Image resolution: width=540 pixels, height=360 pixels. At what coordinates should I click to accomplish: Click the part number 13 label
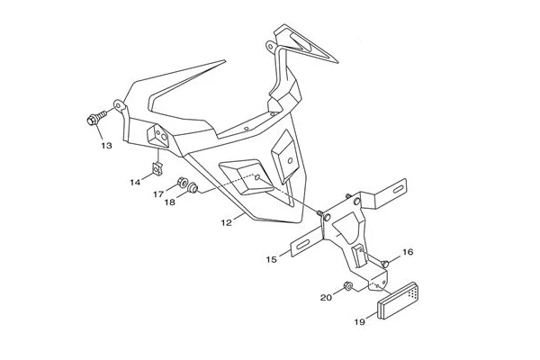107,146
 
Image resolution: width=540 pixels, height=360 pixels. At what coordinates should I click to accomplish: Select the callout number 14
135,182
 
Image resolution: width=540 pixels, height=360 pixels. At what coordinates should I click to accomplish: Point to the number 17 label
158,195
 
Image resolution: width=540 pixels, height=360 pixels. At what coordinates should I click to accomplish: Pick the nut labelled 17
182,182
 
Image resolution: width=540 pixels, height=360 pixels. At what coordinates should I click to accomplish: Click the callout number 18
170,202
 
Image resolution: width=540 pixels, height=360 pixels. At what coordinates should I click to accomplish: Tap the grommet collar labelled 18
193,188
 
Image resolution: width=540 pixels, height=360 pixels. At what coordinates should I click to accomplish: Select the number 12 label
226,223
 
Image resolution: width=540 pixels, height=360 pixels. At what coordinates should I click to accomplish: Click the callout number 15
272,259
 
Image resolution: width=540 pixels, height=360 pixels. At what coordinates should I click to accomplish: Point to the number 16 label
408,252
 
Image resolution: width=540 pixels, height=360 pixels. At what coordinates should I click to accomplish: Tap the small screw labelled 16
385,264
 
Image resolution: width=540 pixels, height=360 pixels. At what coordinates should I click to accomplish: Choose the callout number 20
326,297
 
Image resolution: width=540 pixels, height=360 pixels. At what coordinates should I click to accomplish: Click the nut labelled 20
347,286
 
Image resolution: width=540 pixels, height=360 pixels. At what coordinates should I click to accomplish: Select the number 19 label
359,322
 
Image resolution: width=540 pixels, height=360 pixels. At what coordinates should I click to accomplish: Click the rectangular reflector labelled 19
399,301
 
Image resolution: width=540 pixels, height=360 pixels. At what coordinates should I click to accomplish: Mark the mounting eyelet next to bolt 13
118,104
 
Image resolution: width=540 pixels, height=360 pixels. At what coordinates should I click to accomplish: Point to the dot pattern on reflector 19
412,292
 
